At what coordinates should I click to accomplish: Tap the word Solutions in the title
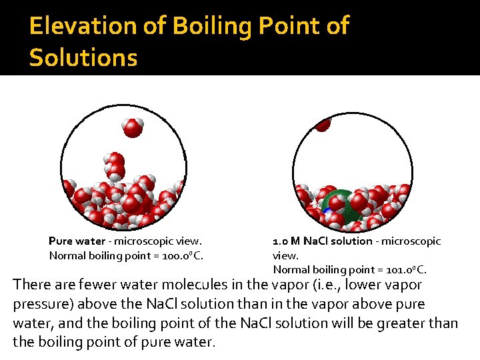(83, 57)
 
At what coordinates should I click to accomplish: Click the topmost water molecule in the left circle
(133, 127)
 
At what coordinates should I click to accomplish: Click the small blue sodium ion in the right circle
(327, 210)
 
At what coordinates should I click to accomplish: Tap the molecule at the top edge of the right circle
(323, 123)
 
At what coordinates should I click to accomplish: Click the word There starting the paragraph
(31, 285)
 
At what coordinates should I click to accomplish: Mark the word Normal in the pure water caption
(67, 255)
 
